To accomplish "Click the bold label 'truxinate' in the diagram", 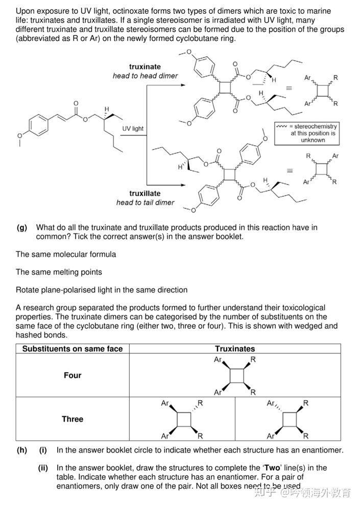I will (145, 67).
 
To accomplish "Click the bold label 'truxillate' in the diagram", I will (145, 194).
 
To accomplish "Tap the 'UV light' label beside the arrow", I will (133, 128).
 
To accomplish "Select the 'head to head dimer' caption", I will (145, 76).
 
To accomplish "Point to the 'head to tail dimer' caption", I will (145, 202).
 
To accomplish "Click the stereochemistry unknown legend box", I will (306, 133).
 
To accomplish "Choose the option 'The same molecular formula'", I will (66, 254).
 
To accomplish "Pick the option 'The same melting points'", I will (59, 272).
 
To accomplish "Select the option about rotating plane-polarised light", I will (102, 290).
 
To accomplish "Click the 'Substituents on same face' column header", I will (73, 349).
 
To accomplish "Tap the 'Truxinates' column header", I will (235, 349).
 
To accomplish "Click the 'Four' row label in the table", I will (73, 375).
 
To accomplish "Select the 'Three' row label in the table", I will (73, 419).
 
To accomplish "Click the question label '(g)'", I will (21, 227).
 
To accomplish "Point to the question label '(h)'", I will (21, 450).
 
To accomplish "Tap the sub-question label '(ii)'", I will (43, 468).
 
